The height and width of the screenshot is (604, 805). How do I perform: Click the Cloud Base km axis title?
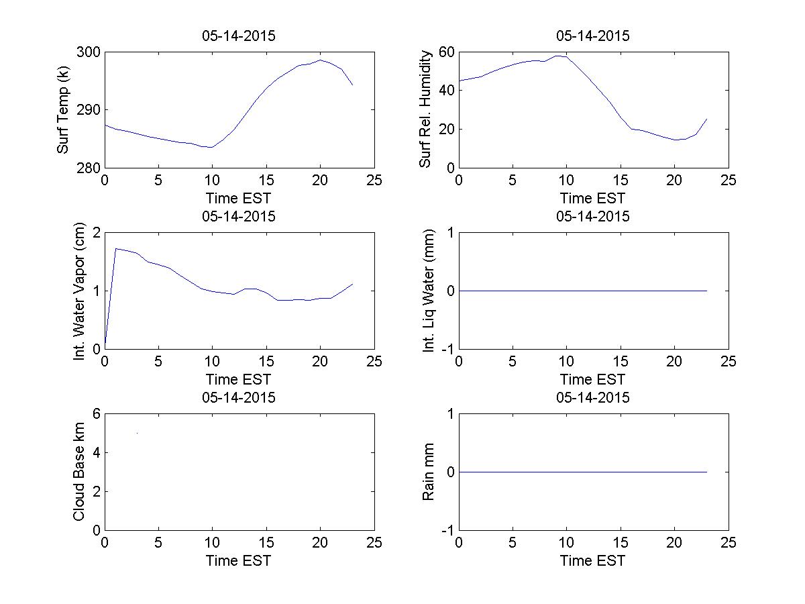tap(79, 472)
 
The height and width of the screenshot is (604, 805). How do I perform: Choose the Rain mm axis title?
tap(429, 472)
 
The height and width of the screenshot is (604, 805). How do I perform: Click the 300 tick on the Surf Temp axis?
tap(89, 52)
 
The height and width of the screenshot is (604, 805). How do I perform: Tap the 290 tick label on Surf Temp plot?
tap(89, 110)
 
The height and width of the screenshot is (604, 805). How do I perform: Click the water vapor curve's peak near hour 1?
tap(116, 248)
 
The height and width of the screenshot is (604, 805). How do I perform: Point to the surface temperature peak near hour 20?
tap(321, 60)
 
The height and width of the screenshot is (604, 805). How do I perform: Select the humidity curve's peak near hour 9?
tap(557, 56)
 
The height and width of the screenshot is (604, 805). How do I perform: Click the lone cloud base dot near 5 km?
tap(137, 433)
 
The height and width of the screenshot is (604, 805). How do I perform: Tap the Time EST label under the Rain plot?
tap(593, 560)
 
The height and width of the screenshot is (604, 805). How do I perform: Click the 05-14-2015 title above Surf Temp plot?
tap(239, 36)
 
